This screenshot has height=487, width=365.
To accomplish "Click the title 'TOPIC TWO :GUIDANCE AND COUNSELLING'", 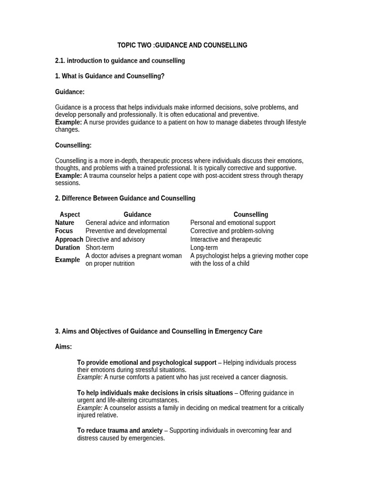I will [182, 45].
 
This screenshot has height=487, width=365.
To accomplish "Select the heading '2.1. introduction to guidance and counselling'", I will [120, 61].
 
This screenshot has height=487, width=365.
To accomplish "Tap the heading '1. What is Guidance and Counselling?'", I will [110, 76].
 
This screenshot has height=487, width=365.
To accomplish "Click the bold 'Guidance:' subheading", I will [70, 92].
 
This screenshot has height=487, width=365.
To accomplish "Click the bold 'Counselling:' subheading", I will [73, 146].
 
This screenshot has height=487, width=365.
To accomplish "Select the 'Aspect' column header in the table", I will [70, 214].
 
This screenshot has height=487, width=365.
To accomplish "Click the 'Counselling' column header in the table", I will [250, 214].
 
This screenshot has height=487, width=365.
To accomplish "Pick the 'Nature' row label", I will [65, 223].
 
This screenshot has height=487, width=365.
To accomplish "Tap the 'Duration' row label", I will [67, 248].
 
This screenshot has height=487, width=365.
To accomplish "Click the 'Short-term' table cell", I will [100, 248].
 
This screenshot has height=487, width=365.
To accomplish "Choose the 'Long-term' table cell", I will [204, 248].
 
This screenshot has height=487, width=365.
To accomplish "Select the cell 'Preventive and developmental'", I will [126, 231].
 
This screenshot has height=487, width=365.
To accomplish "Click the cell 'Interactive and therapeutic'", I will [226, 239].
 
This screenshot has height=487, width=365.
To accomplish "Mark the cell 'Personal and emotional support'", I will [233, 223].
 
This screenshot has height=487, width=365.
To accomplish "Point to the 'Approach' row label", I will [69, 239].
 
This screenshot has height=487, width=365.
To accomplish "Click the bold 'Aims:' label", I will [64, 347].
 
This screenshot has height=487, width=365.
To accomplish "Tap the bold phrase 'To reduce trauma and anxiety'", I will [120, 430].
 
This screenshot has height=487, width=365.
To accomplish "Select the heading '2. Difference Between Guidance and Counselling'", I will [125, 198].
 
